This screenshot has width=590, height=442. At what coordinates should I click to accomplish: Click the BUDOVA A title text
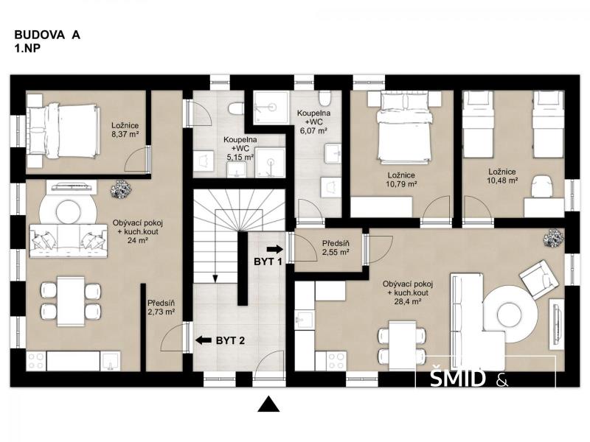coord(47,35)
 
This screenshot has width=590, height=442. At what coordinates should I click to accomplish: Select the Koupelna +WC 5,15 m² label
coord(240,149)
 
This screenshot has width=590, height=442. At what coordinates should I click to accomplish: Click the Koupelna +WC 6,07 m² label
coord(314,122)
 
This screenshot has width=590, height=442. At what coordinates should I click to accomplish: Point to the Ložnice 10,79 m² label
coord(401,180)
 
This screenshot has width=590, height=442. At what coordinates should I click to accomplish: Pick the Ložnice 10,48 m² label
coord(502,176)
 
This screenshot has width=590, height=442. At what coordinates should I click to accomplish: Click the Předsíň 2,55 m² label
coord(336,248)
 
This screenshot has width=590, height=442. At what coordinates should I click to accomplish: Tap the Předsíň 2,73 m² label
coord(161,306)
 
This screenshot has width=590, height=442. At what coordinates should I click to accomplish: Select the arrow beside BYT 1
coord(274,249)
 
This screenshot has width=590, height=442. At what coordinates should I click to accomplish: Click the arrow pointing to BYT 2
coord(204,340)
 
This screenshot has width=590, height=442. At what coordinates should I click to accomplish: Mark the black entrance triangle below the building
coord(268,404)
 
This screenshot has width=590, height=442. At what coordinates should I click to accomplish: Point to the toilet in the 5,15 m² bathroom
coord(235,108)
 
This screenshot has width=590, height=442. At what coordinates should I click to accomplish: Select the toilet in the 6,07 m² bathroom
coord(324,98)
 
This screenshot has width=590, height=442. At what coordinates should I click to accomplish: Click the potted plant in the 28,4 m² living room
coord(555,237)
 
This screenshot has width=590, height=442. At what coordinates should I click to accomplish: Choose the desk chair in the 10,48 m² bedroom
coord(541,186)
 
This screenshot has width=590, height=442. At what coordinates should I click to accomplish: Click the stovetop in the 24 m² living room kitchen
coord(35,360)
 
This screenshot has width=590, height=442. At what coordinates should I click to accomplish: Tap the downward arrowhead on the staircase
coord(215,278)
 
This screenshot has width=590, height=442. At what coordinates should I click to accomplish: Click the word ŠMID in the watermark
coord(457,379)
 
